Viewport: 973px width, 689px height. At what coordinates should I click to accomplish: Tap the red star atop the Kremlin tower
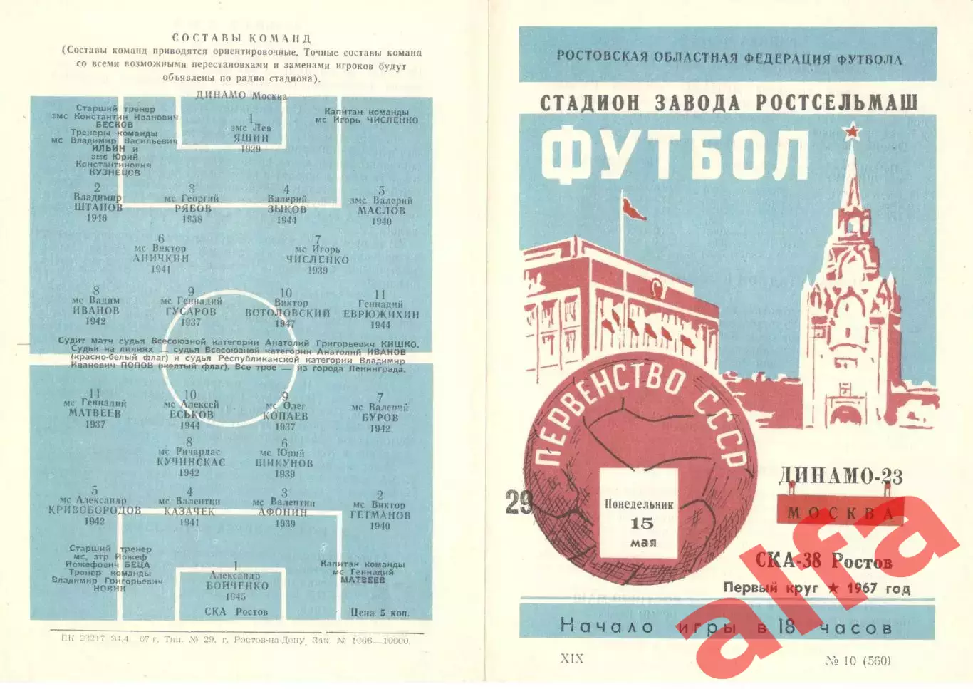pos(850,132)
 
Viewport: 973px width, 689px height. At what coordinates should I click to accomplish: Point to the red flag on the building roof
pos(633,209)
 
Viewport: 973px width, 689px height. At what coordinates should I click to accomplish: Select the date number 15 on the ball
pos(641,524)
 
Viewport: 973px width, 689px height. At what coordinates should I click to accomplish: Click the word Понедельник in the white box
pos(639,504)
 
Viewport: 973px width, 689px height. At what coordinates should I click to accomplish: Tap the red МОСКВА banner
pos(840,513)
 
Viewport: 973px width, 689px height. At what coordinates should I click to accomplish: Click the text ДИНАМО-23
pos(841,476)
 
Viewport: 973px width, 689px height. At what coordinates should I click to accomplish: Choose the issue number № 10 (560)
pos(858,660)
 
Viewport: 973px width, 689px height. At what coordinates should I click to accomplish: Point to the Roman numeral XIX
pos(572,658)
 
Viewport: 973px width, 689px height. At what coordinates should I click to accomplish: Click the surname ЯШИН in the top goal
pos(251,138)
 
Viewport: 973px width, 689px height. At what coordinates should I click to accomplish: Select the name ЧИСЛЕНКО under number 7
pos(318,260)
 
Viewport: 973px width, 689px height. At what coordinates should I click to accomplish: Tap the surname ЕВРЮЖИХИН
pos(381,314)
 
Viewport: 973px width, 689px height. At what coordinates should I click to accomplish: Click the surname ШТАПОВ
pos(98,207)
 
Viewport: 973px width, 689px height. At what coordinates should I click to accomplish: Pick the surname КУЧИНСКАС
pos(191,462)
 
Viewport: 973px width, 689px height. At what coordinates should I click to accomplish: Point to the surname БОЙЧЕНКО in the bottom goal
pos(237,586)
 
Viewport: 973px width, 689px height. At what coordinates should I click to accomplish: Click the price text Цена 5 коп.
pos(380,612)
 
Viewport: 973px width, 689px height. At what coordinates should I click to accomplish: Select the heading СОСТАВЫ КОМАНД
pos(241,38)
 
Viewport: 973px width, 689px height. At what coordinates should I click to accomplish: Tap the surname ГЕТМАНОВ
pos(380,515)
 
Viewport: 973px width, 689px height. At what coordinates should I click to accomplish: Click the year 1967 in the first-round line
pos(862,588)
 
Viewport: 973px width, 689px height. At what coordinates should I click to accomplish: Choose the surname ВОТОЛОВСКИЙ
pos(287,313)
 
